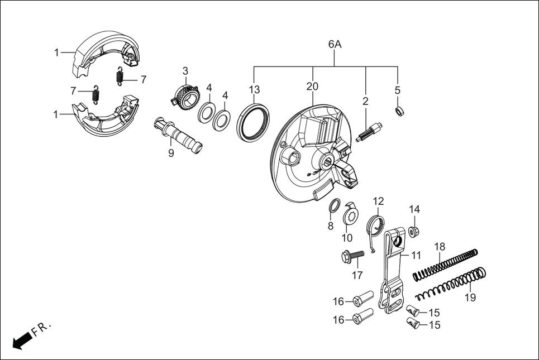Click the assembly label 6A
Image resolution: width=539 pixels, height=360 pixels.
[x=335, y=44]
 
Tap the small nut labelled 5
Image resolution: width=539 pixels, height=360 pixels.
[x=399, y=111]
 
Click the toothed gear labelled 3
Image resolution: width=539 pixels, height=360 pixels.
[x=184, y=95]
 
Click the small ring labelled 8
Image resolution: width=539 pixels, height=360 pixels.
[x=332, y=206]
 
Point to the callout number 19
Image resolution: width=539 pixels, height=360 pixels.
[x=470, y=297]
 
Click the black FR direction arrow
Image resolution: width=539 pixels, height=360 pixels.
[x=21, y=340]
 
